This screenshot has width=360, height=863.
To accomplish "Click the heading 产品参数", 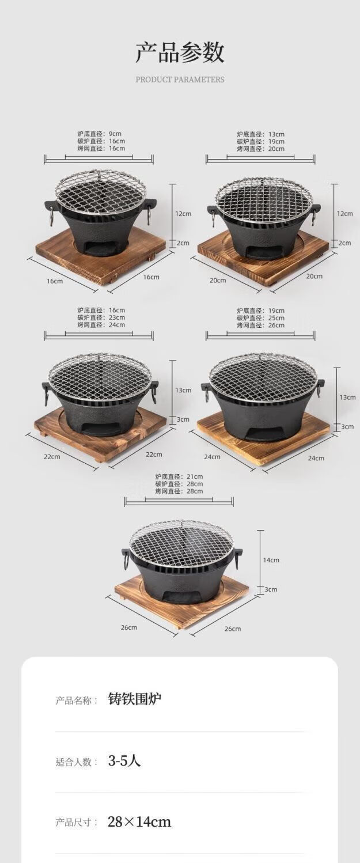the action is point(180,53).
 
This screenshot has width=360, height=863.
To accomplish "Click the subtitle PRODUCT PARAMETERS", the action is point(180,80).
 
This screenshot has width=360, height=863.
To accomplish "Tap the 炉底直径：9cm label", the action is point(99,134).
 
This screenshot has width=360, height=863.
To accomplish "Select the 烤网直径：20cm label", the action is point(261,149).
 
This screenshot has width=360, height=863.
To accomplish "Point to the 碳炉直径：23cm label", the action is point(101,317).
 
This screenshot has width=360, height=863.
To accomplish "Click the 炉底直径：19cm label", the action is point(261,311).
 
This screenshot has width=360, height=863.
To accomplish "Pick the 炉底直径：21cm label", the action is point(179,476).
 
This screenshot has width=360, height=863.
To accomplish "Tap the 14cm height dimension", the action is point(271,560).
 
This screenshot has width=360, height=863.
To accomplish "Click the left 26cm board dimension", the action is point(129,627).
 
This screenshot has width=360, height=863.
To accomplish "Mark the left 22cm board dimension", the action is point(52,456).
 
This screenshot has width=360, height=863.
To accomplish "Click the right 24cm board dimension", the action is point(316,457).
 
